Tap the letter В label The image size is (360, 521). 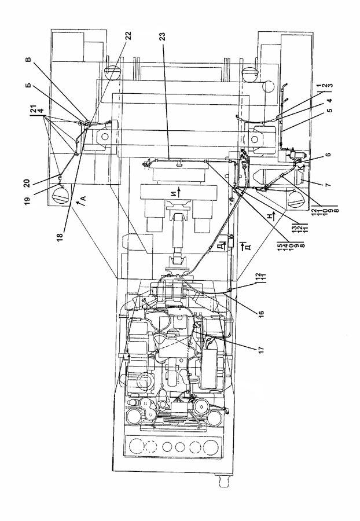28,60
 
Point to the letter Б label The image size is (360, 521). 28,85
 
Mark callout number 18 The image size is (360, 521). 60,237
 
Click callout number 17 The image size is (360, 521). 260,349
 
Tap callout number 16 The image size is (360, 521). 260,314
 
